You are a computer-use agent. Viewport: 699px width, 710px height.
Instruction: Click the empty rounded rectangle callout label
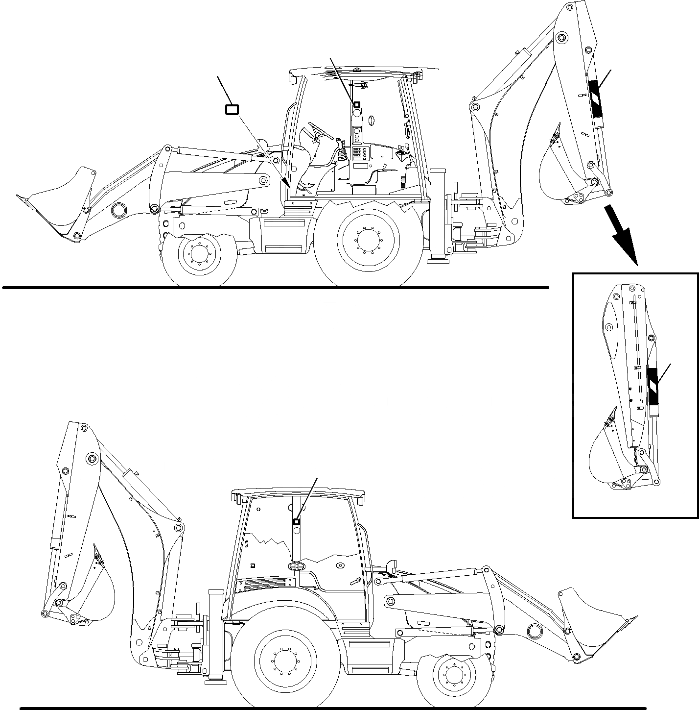click(232, 110)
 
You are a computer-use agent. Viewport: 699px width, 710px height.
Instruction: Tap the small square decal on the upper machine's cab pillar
click(356, 104)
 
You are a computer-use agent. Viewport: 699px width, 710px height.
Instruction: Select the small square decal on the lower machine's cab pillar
click(296, 522)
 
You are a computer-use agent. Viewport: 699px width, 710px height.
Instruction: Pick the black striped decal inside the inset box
click(653, 384)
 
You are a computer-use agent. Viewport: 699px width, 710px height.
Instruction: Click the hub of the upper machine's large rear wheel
click(368, 241)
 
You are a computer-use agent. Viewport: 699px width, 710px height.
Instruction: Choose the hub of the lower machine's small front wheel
click(455, 675)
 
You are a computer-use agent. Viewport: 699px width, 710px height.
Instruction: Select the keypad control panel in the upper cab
click(360, 153)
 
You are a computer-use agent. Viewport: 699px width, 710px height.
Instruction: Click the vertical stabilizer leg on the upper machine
click(437, 216)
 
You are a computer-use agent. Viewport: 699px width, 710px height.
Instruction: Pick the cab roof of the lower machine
click(299, 492)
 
